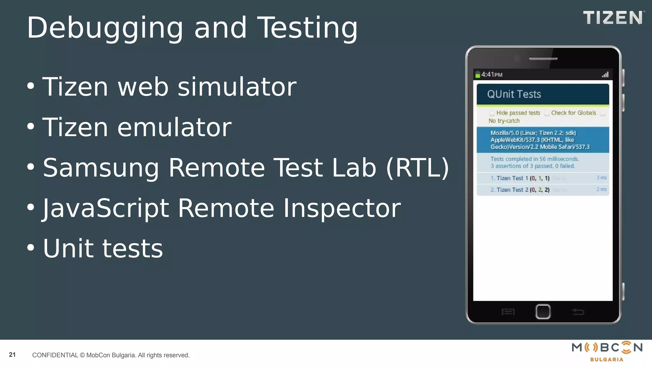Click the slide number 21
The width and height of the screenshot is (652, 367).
(x=12, y=355)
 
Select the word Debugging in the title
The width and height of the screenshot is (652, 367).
(x=105, y=28)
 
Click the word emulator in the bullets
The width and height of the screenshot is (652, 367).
(x=174, y=127)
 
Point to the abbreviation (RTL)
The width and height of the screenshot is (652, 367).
(x=417, y=168)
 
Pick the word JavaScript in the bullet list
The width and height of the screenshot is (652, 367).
(x=106, y=208)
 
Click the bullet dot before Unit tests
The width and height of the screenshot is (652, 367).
(x=31, y=248)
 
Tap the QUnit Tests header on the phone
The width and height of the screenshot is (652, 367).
(x=514, y=94)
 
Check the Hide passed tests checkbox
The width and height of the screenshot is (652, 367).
(x=492, y=113)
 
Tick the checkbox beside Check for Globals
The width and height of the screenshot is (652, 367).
(x=547, y=113)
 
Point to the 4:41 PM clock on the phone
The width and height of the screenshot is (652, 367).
(x=492, y=75)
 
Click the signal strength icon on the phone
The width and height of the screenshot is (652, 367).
(x=605, y=75)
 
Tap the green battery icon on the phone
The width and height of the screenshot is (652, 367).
(x=478, y=75)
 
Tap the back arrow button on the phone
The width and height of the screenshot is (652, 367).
(x=578, y=312)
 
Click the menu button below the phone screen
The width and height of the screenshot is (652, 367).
(x=508, y=312)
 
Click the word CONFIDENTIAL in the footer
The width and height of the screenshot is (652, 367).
(x=55, y=355)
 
